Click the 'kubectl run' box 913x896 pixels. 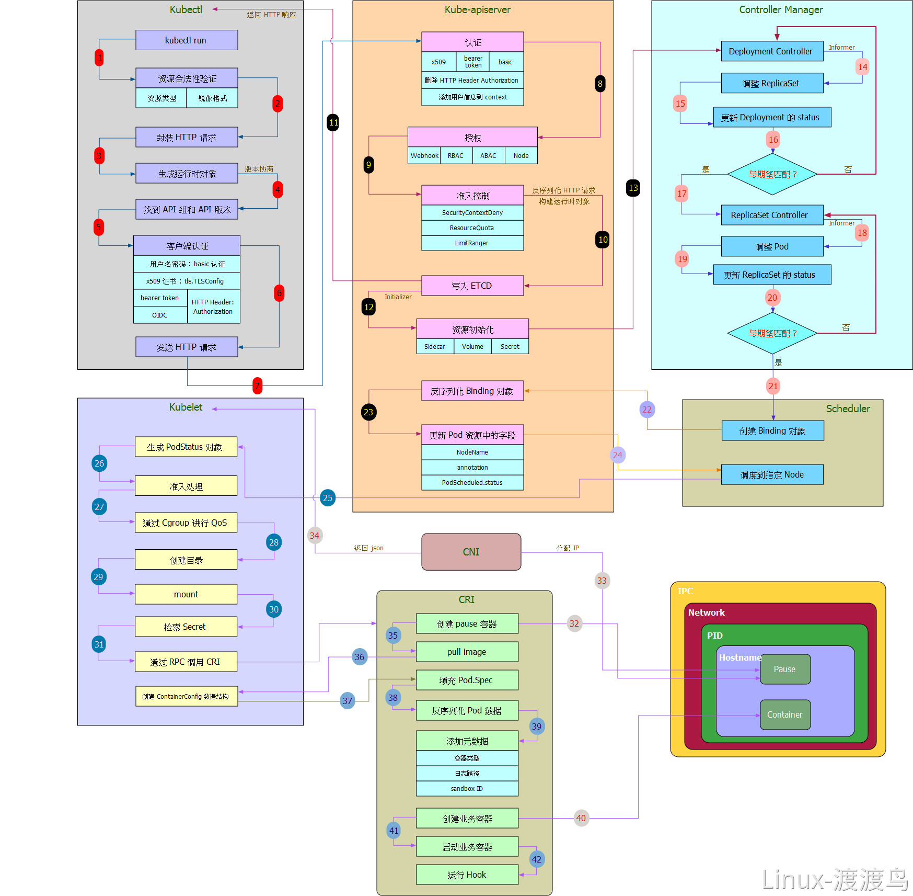(187, 40)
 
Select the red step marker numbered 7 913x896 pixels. (257, 385)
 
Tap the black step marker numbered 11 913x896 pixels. (333, 123)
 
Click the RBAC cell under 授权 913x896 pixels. (456, 155)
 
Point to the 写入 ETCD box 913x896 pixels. (472, 286)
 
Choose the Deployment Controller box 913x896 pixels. (772, 51)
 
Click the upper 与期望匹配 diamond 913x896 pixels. (772, 174)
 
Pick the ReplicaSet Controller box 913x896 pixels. (772, 215)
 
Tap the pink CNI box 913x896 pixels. (471, 552)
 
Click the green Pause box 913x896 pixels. (785, 669)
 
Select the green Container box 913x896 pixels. (785, 714)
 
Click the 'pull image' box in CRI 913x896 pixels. (467, 652)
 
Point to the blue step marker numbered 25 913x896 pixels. (328, 498)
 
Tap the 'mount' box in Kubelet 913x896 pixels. (186, 594)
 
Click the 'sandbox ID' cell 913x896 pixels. (467, 788)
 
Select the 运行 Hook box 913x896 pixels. (467, 875)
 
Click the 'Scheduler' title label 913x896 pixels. (848, 409)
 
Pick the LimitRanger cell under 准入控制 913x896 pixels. (472, 243)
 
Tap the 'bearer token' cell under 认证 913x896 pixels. (473, 62)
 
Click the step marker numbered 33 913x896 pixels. (602, 581)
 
